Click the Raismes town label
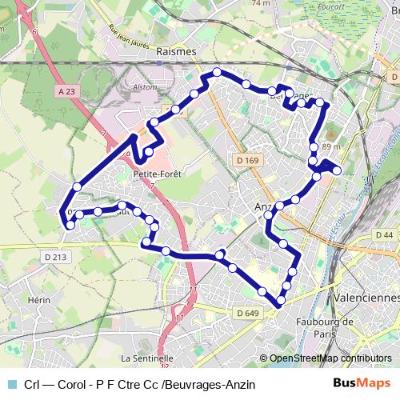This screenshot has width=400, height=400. tap(177, 50)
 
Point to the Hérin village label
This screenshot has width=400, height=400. tap(39, 299)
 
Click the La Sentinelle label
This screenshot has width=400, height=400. tap(147, 358)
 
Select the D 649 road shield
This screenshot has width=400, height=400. tap(249, 312)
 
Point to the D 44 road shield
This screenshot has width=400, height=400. tap(385, 234)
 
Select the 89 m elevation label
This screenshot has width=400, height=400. tap(330, 147)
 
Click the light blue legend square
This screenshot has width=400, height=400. tap(10, 384)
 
